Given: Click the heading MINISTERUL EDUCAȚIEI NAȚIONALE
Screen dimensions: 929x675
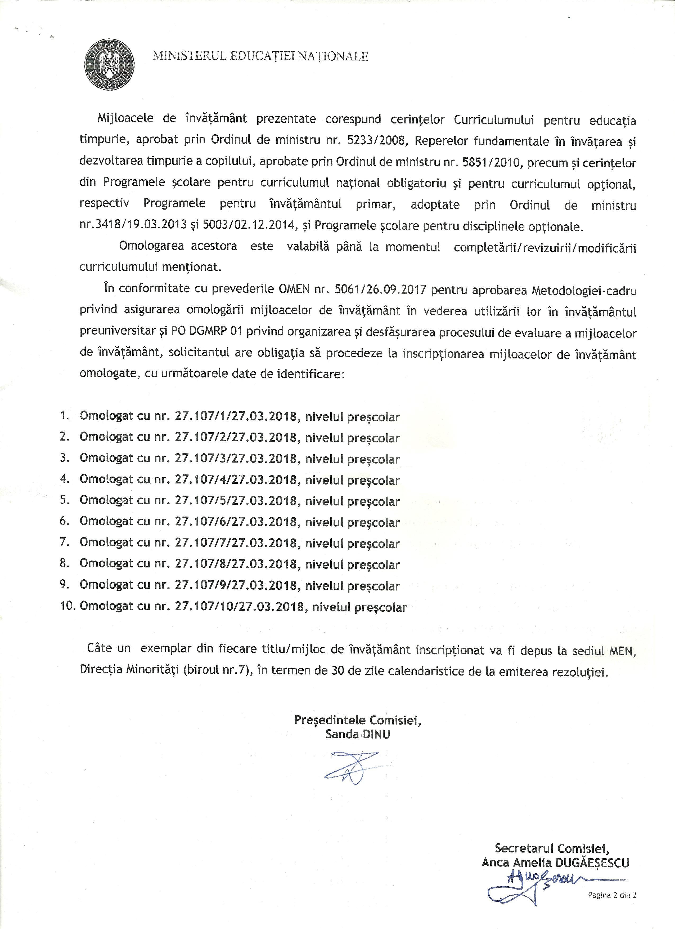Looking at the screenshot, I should point(260,56).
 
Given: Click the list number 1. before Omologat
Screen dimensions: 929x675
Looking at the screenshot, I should point(65,415).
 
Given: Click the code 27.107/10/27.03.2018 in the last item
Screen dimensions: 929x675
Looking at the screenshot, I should point(240,606).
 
